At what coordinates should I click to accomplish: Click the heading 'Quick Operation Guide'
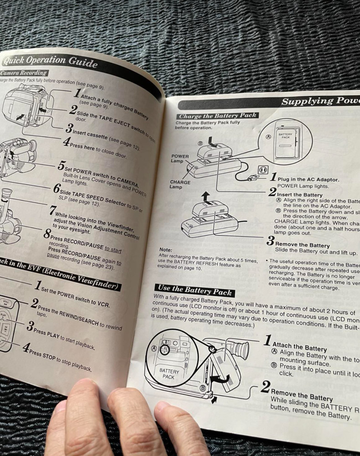pyautogui.click(x=50, y=61)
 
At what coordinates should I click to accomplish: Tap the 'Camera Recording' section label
pyautogui.click(x=24, y=73)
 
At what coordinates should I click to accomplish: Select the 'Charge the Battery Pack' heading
pyautogui.click(x=217, y=115)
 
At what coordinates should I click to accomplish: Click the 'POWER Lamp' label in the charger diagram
pyautogui.click(x=180, y=159)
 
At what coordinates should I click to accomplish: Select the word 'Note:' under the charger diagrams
pyautogui.click(x=166, y=249)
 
